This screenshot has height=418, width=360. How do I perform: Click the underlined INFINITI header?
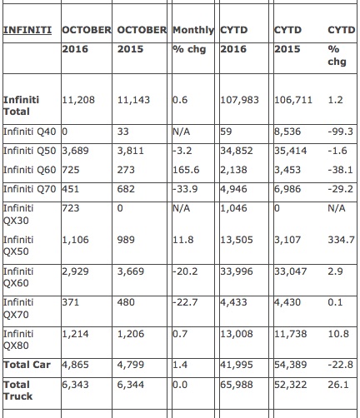(x=27, y=30)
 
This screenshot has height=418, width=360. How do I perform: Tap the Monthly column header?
(x=193, y=30)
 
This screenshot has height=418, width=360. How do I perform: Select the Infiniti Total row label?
(x=21, y=106)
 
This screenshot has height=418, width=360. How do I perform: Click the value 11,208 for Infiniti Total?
(x=78, y=100)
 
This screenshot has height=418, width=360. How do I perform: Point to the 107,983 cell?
(x=239, y=100)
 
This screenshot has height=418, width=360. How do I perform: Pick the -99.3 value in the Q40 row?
(x=341, y=132)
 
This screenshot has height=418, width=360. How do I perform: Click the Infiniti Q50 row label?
(x=30, y=151)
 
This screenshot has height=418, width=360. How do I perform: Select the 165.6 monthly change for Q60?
(x=186, y=170)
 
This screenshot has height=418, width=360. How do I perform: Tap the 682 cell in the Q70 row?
(x=126, y=189)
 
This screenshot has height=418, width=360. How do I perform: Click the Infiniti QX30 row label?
(x=18, y=214)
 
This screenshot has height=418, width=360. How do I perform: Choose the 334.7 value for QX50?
(x=342, y=240)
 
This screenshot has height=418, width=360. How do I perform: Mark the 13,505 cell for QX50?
(x=237, y=240)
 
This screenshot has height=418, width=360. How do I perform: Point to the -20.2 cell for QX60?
(x=185, y=271)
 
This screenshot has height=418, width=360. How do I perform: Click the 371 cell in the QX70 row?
(x=71, y=302)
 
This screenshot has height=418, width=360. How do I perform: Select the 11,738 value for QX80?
(x=291, y=334)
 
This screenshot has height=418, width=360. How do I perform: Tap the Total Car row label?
(x=27, y=365)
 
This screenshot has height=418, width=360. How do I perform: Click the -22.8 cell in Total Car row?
(x=341, y=365)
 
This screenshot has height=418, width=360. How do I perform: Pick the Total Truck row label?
(x=17, y=391)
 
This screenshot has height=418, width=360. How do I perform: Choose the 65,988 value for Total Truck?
(x=237, y=385)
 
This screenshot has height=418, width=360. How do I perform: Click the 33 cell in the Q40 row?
(x=123, y=132)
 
